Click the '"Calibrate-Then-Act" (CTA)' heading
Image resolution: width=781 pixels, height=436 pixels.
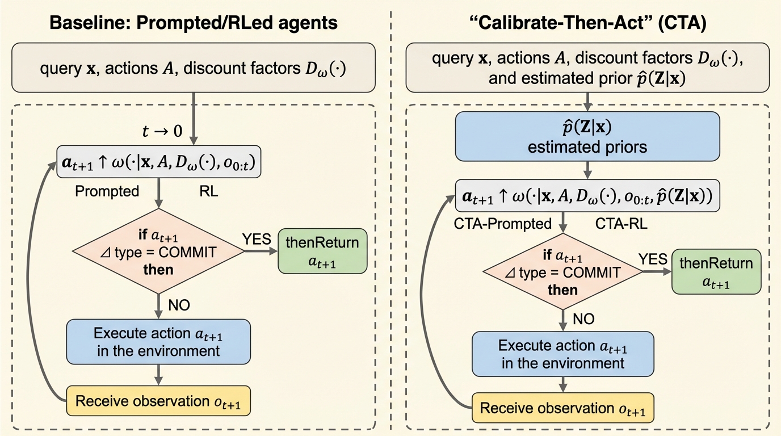(x=587, y=23)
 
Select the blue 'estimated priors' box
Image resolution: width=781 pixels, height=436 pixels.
(x=587, y=136)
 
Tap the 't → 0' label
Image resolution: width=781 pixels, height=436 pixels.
(x=163, y=132)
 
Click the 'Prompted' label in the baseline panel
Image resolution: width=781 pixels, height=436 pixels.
(x=107, y=191)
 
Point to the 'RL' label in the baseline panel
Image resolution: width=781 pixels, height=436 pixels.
(x=209, y=191)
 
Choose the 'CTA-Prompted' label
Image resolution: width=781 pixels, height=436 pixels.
(x=503, y=224)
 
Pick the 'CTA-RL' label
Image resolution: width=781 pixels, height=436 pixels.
(x=622, y=224)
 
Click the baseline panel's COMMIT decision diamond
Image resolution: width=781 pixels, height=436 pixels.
(x=158, y=251)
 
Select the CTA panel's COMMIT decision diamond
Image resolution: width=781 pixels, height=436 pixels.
(x=562, y=273)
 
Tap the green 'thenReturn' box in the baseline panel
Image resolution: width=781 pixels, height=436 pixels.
(x=322, y=251)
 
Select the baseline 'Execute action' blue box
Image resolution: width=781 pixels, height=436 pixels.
(x=158, y=341)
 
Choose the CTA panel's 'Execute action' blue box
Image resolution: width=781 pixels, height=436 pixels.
(x=562, y=354)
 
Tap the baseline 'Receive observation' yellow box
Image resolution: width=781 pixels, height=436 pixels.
(x=158, y=401)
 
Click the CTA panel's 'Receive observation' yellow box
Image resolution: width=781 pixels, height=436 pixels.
(x=563, y=409)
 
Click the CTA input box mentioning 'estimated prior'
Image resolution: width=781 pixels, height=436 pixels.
(x=587, y=69)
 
